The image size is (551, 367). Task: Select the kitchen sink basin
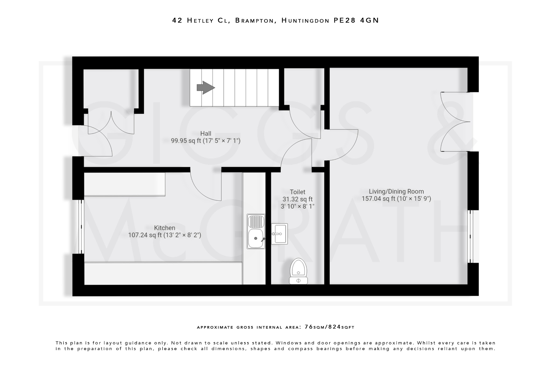256,238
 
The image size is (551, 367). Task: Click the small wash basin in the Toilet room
279,234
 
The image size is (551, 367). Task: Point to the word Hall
206,133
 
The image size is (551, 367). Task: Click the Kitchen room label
164,228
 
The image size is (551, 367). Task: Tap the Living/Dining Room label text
396,191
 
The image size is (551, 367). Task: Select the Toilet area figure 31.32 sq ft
297,199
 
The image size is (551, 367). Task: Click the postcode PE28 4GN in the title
356,20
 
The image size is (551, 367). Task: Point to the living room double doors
455,122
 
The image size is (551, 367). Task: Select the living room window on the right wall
470,236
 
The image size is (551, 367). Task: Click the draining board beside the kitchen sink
256,222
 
